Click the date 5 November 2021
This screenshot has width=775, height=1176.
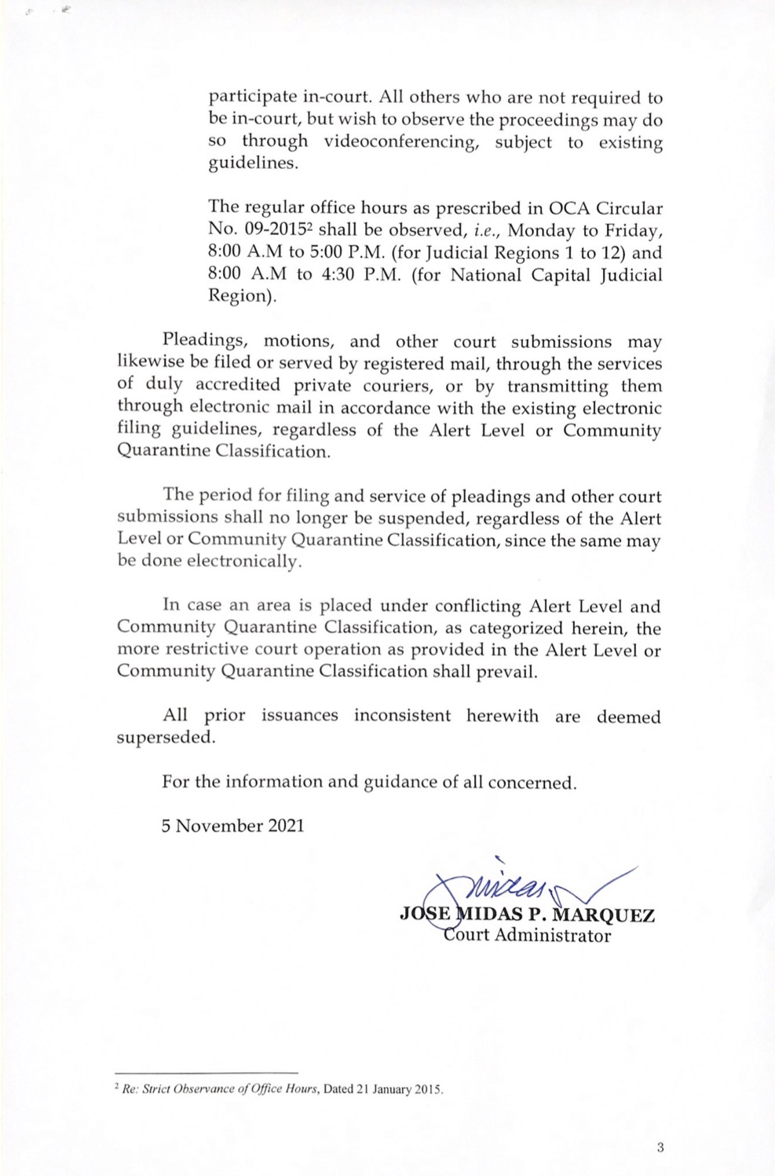click(232, 826)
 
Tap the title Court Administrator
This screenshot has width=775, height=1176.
click(527, 936)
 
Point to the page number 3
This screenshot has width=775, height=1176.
click(660, 1148)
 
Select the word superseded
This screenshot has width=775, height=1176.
click(165, 738)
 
